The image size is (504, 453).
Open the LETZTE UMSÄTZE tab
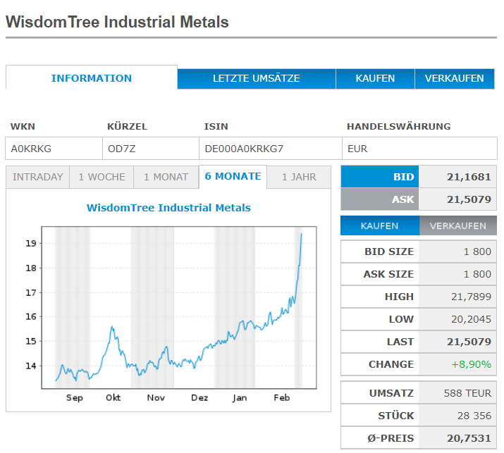[256, 78]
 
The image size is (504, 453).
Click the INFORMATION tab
[92, 78]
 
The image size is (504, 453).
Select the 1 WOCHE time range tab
[102, 177]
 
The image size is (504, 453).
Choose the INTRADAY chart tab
[38, 177]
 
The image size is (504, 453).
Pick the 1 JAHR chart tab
[299, 177]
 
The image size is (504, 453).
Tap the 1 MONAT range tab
[166, 177]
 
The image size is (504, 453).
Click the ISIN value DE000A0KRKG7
[243, 149]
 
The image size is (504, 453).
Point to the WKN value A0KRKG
[31, 149]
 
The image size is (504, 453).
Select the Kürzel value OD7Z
[121, 149]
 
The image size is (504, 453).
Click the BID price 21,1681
[469, 177]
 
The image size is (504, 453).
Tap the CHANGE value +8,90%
[473, 364]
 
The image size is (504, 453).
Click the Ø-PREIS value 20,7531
[469, 438]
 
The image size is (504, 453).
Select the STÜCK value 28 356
[474, 415]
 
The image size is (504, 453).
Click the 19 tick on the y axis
[30, 243]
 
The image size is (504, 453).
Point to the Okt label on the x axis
[113, 398]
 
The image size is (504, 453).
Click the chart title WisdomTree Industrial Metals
[168, 208]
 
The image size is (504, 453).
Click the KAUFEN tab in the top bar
[375, 78]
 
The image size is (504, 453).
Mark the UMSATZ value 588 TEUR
[468, 392]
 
